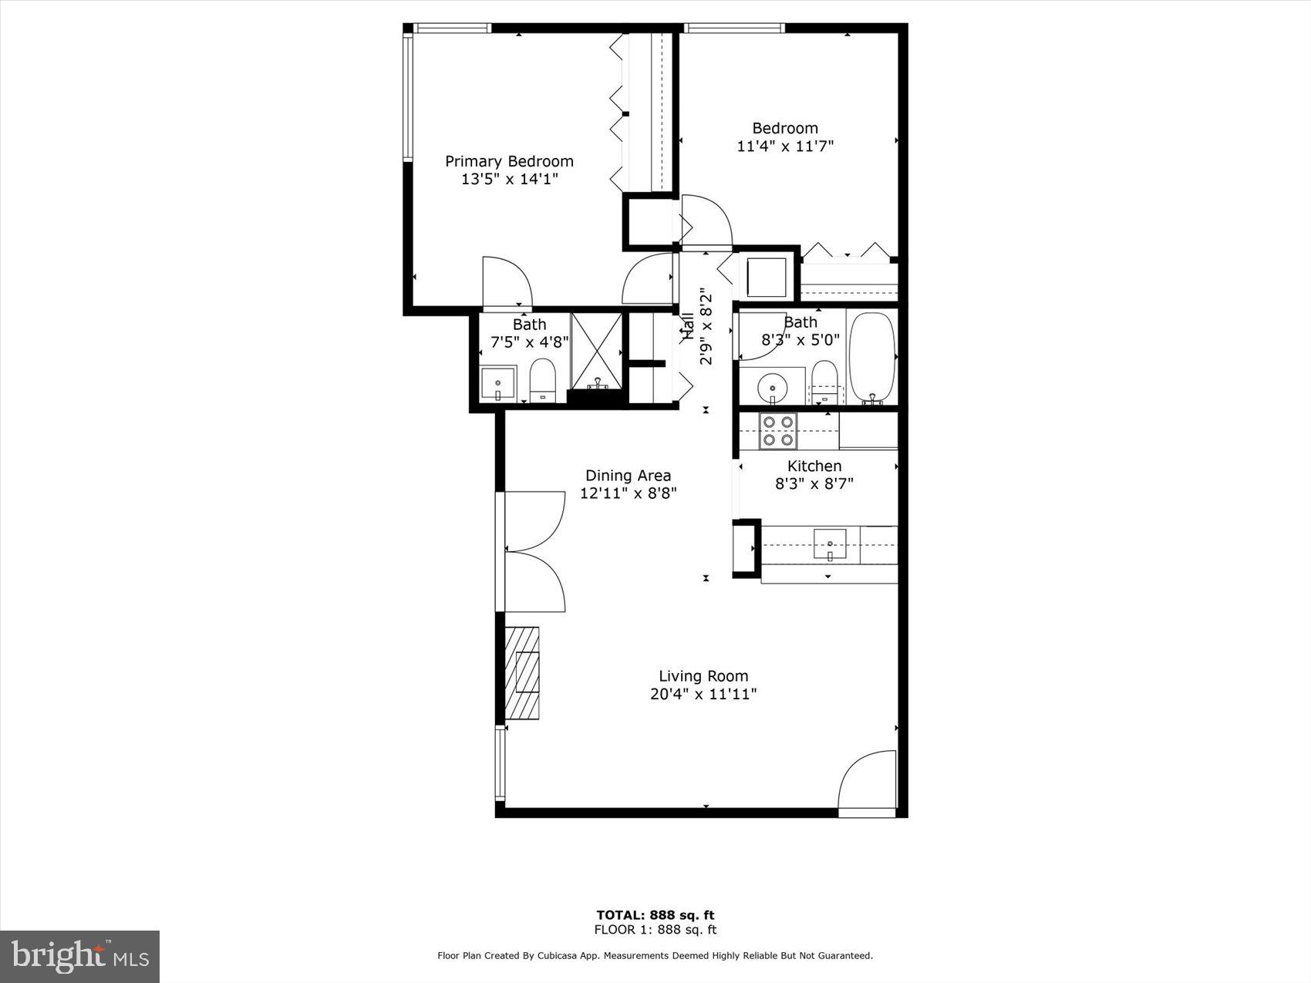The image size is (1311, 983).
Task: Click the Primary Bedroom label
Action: [x=509, y=161]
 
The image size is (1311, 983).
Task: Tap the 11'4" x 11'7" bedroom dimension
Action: [x=785, y=146]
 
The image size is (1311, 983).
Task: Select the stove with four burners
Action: [x=777, y=431]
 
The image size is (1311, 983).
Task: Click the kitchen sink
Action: [x=830, y=544]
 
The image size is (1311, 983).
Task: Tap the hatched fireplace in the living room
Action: [x=521, y=673]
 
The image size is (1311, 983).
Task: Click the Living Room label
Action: [x=703, y=676]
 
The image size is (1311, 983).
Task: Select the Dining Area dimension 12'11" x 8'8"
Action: [x=628, y=493]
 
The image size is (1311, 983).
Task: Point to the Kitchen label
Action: [x=814, y=466]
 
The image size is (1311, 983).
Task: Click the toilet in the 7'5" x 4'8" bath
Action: [x=543, y=379]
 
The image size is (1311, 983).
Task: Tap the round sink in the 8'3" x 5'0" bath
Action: [x=770, y=385]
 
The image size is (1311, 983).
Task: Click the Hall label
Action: [x=687, y=327]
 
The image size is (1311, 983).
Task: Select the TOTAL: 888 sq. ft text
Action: [x=655, y=915]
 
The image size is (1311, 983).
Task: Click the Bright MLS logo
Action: [x=79, y=956]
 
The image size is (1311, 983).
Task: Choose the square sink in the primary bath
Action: [x=497, y=382]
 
